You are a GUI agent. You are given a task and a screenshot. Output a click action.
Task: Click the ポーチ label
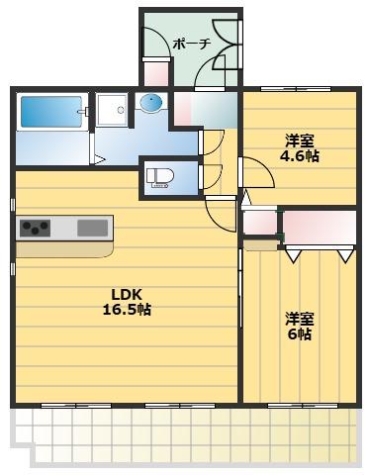(x=192, y=44)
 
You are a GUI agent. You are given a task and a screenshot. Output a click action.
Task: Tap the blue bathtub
(x=51, y=112)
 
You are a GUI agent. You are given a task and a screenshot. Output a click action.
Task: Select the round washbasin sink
(x=151, y=101)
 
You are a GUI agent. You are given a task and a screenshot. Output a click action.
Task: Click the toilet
(x=160, y=178)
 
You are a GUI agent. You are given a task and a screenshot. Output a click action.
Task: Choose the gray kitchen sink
(x=93, y=229)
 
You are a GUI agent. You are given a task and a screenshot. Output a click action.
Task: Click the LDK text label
(x=127, y=294)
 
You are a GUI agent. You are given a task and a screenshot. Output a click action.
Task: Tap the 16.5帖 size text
(x=127, y=310)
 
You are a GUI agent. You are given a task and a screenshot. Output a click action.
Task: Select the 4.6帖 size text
(x=300, y=155)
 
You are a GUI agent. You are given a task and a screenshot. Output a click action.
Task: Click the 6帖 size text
(x=300, y=334)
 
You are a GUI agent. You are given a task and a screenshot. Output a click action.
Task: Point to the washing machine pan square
(x=112, y=110)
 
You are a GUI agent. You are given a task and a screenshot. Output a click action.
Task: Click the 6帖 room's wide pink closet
(x=320, y=228)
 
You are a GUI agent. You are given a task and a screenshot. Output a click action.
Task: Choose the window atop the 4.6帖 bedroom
(x=296, y=89)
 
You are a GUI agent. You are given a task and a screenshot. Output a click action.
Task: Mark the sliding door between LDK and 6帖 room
(x=240, y=289)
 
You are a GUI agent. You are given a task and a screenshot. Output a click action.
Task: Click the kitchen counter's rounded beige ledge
(x=65, y=249)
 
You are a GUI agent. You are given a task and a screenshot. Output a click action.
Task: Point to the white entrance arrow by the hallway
(x=245, y=199)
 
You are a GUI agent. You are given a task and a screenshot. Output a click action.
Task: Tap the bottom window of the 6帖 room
(x=298, y=406)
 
